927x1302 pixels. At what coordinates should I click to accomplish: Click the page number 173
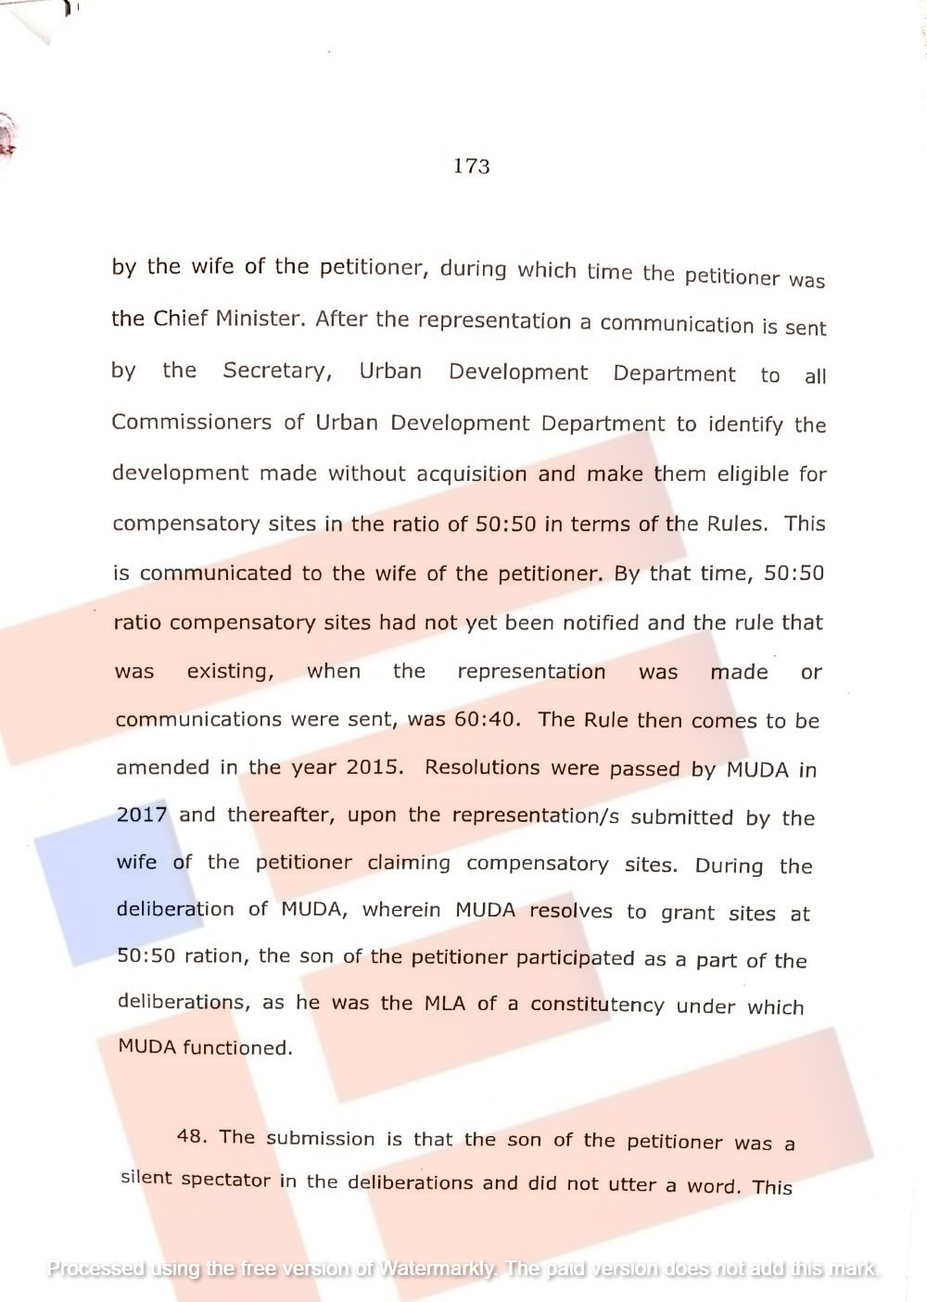pyautogui.click(x=472, y=166)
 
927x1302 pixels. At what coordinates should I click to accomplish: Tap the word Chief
pyautogui.click(x=181, y=318)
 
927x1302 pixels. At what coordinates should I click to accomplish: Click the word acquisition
pyautogui.click(x=473, y=474)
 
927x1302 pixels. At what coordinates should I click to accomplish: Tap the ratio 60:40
pyautogui.click(x=487, y=719)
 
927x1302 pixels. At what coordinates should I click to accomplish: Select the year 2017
pyautogui.click(x=142, y=815)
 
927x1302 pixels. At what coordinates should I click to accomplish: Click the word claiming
pyautogui.click(x=409, y=863)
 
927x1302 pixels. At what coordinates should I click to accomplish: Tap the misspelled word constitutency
pyautogui.click(x=597, y=1005)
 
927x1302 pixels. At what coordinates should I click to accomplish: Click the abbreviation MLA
pyautogui.click(x=445, y=1002)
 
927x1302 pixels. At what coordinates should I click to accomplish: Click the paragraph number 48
pyautogui.click(x=192, y=1136)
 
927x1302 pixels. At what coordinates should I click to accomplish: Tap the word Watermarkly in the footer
pyautogui.click(x=436, y=1268)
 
